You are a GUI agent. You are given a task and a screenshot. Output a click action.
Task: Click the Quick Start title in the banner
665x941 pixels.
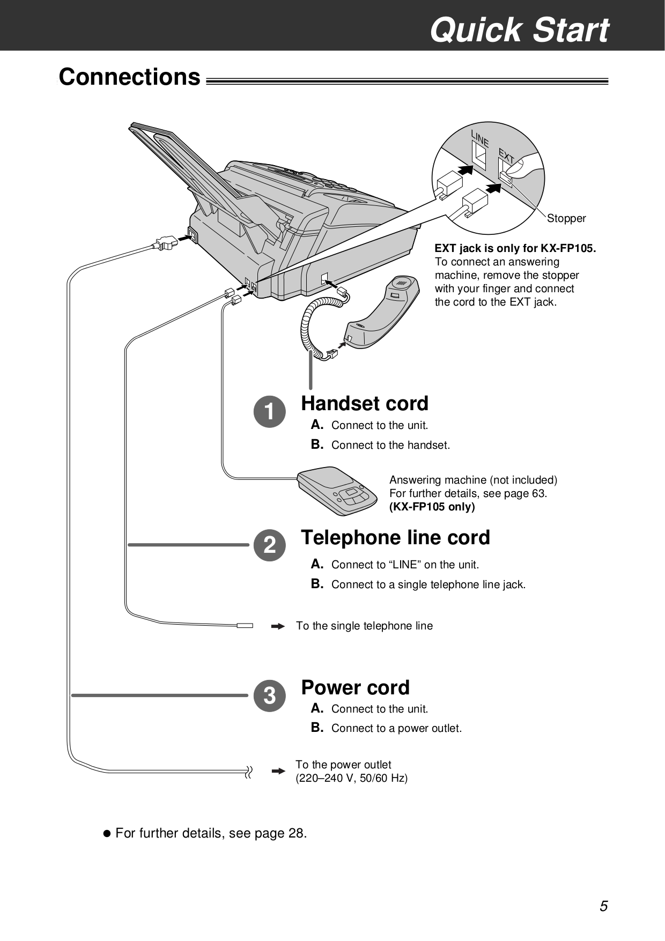coord(519,29)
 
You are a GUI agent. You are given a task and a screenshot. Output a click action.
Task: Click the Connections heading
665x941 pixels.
coord(129,77)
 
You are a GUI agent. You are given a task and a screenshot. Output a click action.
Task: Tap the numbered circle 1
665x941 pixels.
coord(270,412)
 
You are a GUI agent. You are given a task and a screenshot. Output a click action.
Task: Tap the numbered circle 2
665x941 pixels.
coord(270,545)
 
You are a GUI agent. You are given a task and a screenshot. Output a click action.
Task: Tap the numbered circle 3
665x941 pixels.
coord(270,696)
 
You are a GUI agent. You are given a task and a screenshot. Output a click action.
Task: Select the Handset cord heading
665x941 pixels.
coord(365,404)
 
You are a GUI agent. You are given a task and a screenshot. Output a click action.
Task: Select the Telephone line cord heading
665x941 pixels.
coord(395,538)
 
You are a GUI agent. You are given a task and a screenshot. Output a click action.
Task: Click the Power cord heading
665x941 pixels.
coord(355,687)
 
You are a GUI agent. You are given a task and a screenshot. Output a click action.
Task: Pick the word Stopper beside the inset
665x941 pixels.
coord(566,219)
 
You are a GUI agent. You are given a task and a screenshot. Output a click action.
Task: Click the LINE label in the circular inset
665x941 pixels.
coord(481,138)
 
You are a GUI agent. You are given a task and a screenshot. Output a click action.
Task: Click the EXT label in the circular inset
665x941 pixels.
coord(507,156)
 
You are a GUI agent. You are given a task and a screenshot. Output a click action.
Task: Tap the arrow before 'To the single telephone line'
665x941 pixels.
coord(278,626)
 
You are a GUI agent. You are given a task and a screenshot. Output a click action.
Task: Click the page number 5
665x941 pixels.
coord(604,907)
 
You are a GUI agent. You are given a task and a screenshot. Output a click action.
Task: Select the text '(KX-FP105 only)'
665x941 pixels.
coord(432,507)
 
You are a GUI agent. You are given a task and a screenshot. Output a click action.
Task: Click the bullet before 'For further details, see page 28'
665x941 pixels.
coord(106,834)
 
